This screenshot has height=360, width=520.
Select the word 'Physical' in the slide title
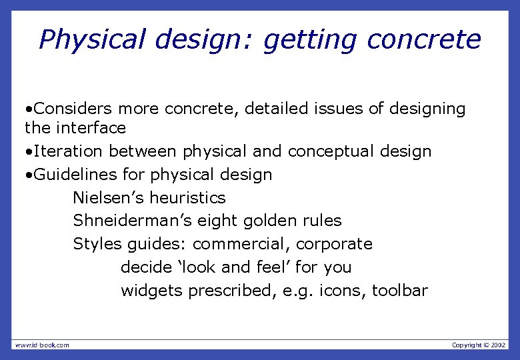(91, 40)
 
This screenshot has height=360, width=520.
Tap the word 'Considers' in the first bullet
(73, 108)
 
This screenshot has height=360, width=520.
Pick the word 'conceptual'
(331, 151)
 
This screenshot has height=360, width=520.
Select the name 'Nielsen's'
(109, 198)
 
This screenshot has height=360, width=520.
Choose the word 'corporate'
(334, 244)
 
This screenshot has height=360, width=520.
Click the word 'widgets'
(152, 291)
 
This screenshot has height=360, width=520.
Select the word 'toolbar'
(400, 291)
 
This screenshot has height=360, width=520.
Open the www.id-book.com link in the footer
(42, 345)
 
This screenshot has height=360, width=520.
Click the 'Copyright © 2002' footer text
(479, 345)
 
